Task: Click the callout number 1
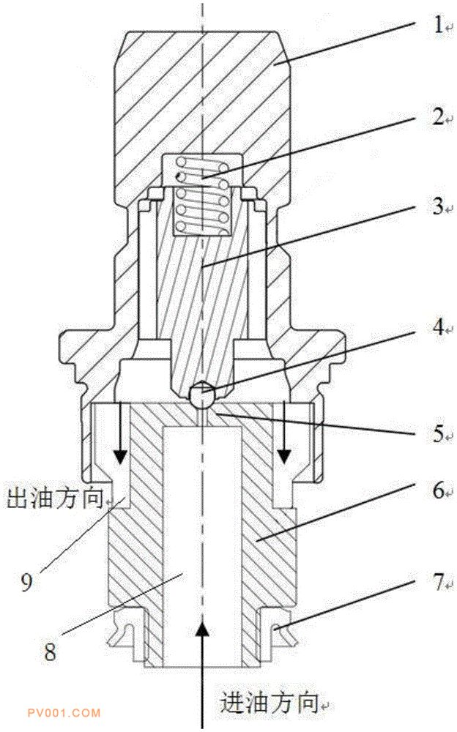[437, 25]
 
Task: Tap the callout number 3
[438, 206]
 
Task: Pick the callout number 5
[438, 433]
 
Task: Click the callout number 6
[438, 490]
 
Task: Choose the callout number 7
[438, 582]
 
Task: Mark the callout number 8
[50, 651]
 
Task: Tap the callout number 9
[26, 582]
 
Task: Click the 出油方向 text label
[54, 498]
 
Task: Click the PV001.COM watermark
[64, 713]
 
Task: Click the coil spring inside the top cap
[202, 196]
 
